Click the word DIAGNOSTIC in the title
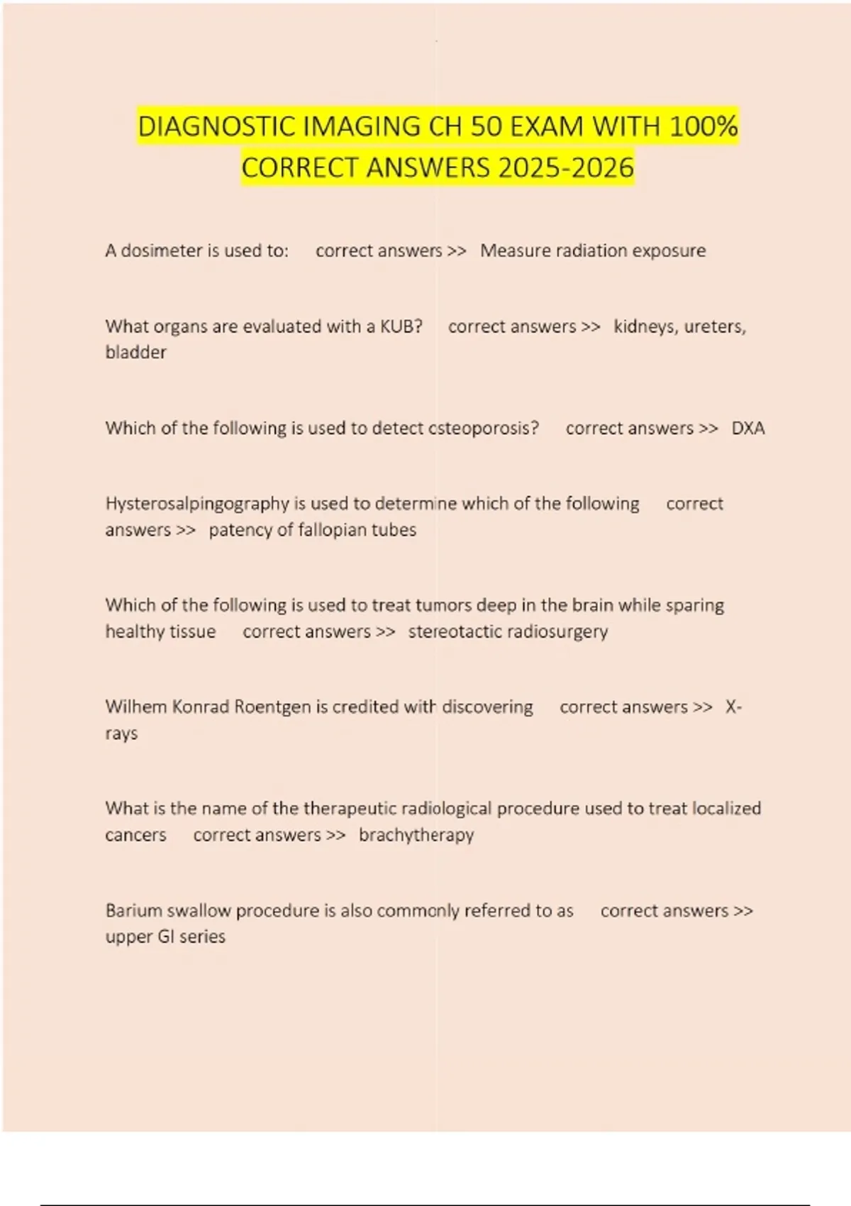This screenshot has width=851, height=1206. click(217, 127)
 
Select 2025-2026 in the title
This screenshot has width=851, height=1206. click(566, 168)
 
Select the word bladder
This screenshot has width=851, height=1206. click(136, 353)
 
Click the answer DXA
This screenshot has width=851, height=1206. click(748, 428)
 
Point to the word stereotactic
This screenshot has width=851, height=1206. click(455, 631)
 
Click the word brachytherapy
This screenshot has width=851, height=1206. click(416, 836)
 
